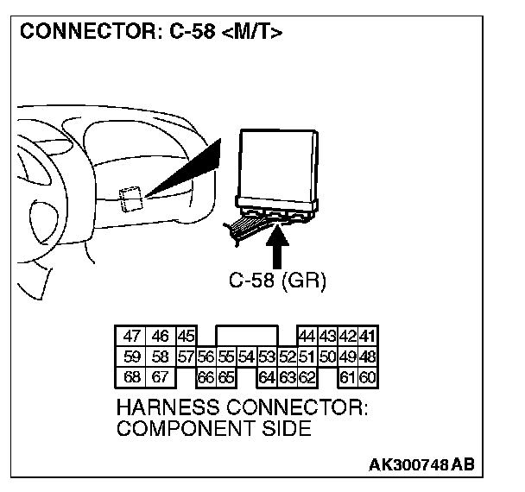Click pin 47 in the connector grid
click(x=132, y=337)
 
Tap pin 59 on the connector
click(x=132, y=356)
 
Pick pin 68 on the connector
click(x=132, y=377)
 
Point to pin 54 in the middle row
click(x=246, y=356)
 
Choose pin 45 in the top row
click(x=186, y=337)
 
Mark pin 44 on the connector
click(x=307, y=337)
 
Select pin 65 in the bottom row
click(x=225, y=377)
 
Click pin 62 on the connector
click(x=307, y=377)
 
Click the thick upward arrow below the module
click(x=277, y=245)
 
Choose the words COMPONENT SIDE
click(x=212, y=429)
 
